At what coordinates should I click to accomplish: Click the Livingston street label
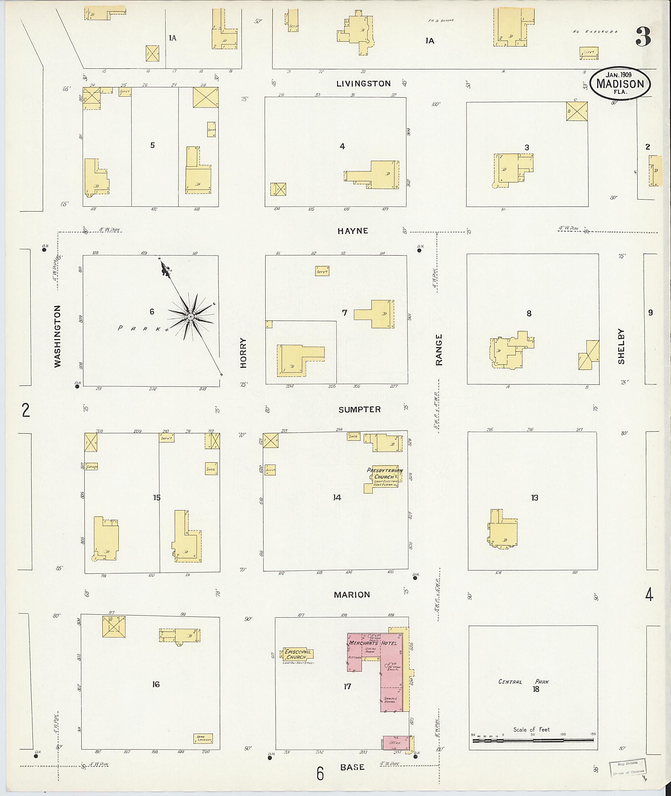363,84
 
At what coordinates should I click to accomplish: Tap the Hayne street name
353,231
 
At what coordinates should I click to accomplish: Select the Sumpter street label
359,409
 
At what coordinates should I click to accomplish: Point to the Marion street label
352,594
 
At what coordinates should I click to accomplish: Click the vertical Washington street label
57,336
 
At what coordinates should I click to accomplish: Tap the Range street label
439,350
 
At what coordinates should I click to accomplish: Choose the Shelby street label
621,346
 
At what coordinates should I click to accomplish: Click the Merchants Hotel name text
373,643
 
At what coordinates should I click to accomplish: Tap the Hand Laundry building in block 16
203,739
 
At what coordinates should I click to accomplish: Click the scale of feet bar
532,740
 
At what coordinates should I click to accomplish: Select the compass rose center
191,317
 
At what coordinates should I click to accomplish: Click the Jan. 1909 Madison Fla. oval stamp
620,83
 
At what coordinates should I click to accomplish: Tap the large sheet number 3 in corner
643,37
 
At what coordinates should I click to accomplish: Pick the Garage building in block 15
91,466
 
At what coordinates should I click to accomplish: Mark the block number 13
534,498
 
